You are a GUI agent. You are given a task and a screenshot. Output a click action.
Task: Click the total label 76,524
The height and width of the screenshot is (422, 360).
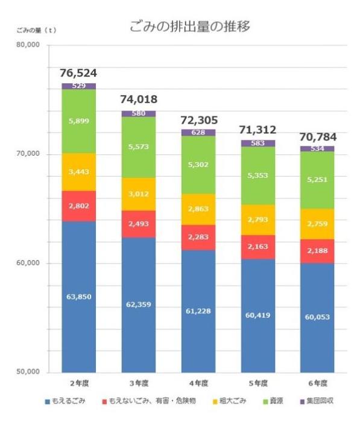[x=78, y=73]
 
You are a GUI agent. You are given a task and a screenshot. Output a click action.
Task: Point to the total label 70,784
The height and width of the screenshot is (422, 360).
[x=317, y=136]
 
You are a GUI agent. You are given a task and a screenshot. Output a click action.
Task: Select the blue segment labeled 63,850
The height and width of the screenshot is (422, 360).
[x=78, y=296]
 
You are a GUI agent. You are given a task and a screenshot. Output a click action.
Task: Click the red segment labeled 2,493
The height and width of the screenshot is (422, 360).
[x=138, y=224]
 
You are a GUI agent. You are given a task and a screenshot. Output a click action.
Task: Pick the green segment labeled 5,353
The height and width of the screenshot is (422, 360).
[x=257, y=176]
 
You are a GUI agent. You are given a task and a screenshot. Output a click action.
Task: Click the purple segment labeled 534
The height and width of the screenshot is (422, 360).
[x=317, y=148]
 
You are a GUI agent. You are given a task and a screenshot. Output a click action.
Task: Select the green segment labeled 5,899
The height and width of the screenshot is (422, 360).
[x=78, y=121]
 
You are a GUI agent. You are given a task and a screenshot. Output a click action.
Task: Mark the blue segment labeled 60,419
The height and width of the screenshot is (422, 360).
[x=257, y=315]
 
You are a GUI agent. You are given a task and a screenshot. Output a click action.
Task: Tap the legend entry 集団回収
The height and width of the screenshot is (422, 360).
[x=321, y=401]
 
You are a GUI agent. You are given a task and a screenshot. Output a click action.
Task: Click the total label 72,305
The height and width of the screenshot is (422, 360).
[x=198, y=120]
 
